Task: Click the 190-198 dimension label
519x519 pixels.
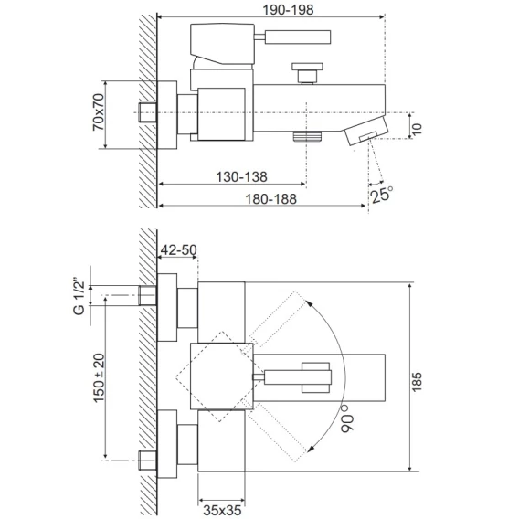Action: pyautogui.click(x=288, y=10)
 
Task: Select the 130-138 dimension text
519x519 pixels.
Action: pyautogui.click(x=241, y=176)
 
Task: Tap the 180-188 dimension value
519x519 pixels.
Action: pyautogui.click(x=270, y=199)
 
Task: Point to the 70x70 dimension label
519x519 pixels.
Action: pyautogui.click(x=99, y=111)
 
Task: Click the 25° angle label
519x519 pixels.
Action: pyautogui.click(x=381, y=195)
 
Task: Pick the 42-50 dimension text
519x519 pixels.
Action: pyautogui.click(x=178, y=249)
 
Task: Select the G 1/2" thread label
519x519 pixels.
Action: pyautogui.click(x=79, y=298)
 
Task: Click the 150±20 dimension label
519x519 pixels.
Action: pyautogui.click(x=99, y=377)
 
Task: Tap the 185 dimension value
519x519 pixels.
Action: pyautogui.click(x=417, y=382)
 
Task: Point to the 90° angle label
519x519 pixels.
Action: pyautogui.click(x=347, y=418)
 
